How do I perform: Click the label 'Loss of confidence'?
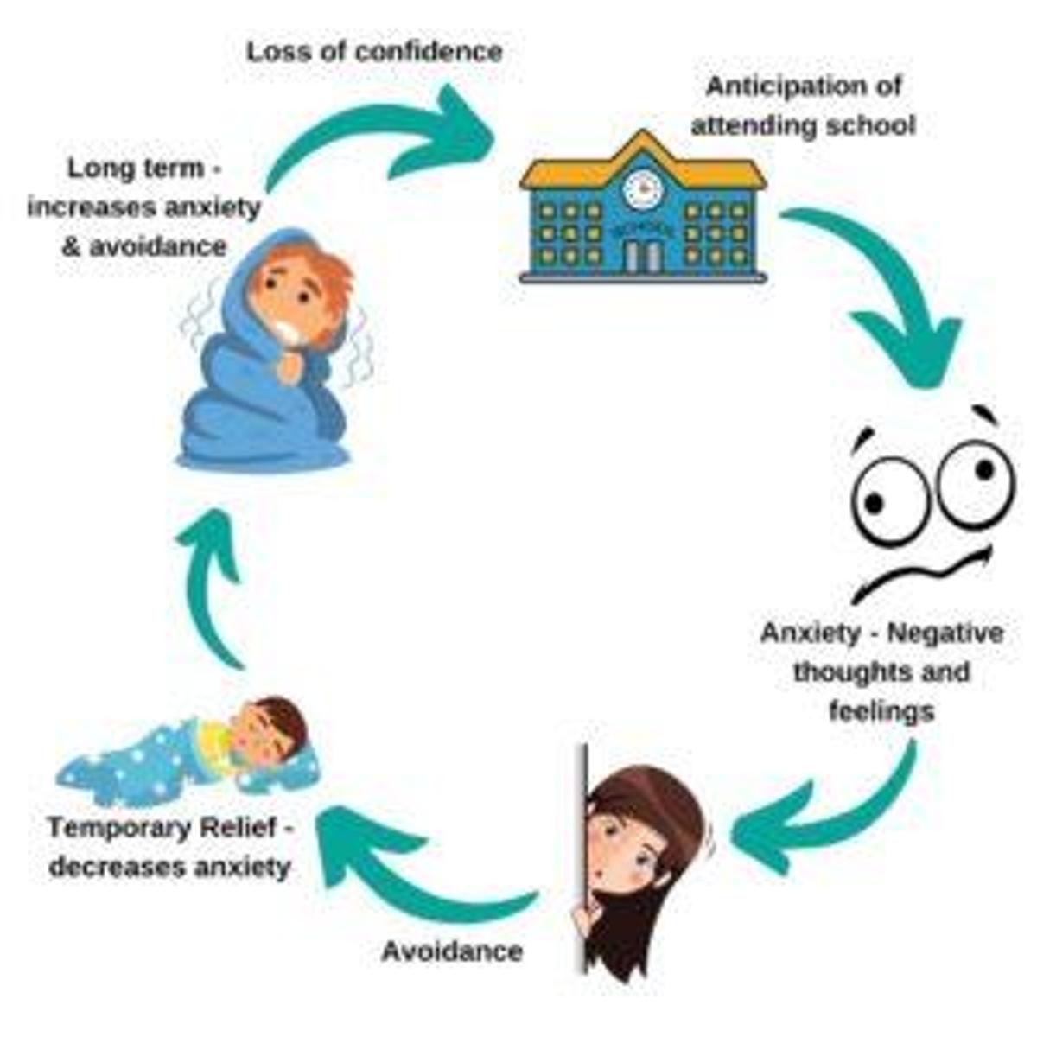[374, 52]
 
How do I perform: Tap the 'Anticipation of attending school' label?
[803, 105]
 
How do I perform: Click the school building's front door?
[642, 256]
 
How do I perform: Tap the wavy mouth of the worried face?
[920, 575]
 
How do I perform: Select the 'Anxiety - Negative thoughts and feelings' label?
[881, 671]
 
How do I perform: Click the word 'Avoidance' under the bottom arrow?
[452, 951]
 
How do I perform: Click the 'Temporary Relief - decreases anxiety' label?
[170, 847]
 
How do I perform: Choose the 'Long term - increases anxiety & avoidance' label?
[143, 207]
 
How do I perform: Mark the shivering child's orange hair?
[328, 277]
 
